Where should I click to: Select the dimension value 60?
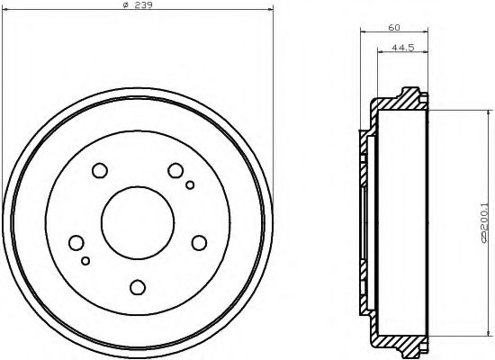coord(393,28)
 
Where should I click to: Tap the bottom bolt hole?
coord(138,287)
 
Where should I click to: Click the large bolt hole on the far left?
coord(76,242)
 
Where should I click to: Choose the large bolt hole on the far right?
coord(199,241)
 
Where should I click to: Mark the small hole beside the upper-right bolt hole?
coord(190,186)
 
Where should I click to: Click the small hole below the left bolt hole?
coord(85,260)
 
